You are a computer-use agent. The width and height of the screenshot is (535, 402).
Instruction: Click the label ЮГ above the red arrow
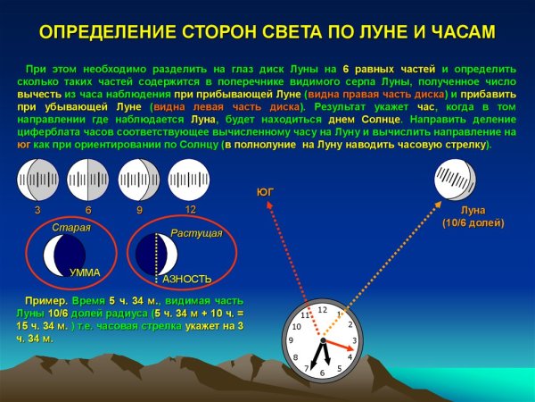[x=265, y=192]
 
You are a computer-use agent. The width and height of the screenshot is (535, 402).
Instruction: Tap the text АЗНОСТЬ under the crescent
[x=187, y=279]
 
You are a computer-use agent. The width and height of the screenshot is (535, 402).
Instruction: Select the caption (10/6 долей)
[x=473, y=223]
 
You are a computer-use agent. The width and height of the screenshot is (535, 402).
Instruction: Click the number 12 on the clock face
[x=323, y=310]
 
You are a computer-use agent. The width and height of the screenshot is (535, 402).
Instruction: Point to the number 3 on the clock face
[x=354, y=340]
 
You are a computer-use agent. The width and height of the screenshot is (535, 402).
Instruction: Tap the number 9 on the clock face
[x=292, y=340]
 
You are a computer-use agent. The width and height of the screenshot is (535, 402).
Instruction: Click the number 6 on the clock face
[x=323, y=372]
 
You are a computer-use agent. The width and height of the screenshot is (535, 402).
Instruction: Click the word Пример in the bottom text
[x=46, y=303]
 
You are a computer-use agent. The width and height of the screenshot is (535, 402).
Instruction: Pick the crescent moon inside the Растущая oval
[x=159, y=256]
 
